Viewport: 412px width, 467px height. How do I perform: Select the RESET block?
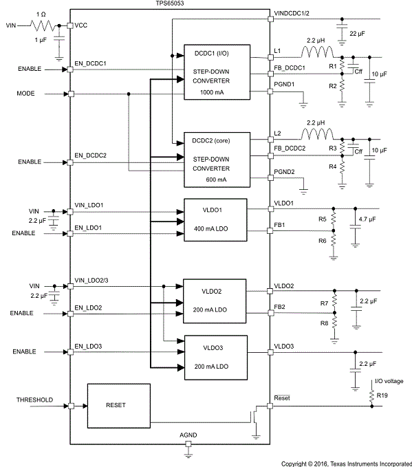click(118, 406)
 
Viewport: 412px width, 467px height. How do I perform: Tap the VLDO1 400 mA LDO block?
click(214, 220)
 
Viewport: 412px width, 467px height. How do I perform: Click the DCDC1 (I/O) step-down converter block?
click(214, 74)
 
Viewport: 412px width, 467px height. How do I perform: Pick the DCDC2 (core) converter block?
click(214, 160)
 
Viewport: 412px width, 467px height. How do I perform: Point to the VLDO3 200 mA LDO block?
click(214, 354)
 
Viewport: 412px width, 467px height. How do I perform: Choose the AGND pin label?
click(188, 436)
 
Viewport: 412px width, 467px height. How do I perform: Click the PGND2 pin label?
click(284, 172)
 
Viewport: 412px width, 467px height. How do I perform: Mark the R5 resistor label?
click(321, 219)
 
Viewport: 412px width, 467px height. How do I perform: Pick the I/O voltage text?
click(389, 380)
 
